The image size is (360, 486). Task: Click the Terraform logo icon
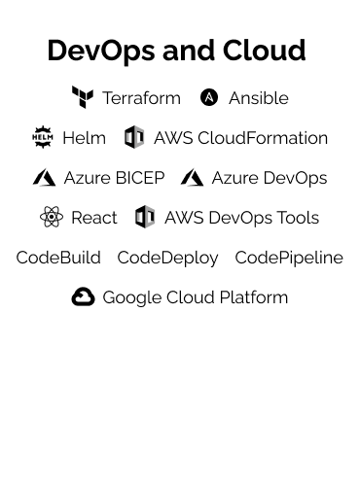coord(83,97)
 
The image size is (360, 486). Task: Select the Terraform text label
coord(141,98)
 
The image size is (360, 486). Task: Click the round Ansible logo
coord(209,97)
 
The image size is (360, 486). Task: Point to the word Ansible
coord(259,98)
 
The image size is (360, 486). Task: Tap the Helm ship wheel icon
coord(42,137)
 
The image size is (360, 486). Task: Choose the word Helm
coord(84,138)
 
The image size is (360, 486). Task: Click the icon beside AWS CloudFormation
coord(134,137)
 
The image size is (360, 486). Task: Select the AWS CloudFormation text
coord(240,138)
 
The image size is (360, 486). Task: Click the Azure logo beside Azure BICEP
coord(44,178)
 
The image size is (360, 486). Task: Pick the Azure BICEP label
coord(114,178)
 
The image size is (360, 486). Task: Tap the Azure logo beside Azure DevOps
coord(192,178)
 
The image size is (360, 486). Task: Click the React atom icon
coord(52,217)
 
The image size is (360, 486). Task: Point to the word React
coord(94,218)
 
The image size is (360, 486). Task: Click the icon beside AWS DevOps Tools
coord(145,217)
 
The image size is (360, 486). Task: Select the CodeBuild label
coord(58,258)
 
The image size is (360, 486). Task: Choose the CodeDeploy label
coord(167,258)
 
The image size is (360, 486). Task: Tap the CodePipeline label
coord(289,258)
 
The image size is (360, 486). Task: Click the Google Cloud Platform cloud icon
coord(83,297)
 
